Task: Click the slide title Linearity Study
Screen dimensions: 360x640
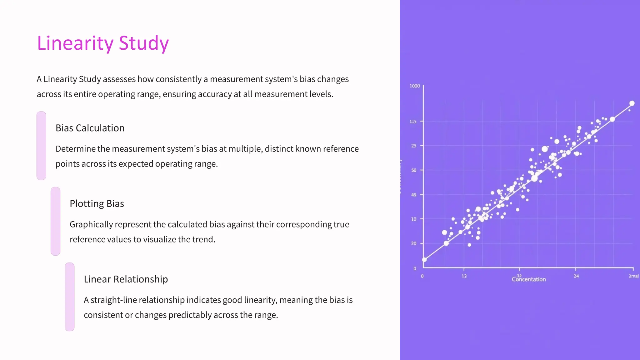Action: point(103,43)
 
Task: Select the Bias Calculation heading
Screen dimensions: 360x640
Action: point(90,128)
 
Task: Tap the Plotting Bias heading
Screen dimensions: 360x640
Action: point(97,204)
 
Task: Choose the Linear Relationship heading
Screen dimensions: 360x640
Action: point(126,279)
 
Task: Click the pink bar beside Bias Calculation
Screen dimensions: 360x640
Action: point(41,146)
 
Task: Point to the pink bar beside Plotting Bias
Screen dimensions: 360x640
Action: point(55,221)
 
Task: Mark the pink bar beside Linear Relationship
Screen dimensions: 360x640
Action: point(69,297)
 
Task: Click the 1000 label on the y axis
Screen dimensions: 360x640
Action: point(415,86)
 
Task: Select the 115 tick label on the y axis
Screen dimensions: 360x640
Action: point(413,122)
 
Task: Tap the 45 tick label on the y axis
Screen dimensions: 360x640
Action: point(414,195)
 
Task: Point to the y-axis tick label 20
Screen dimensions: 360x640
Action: point(414,243)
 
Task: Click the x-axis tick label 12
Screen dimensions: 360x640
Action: point(464,276)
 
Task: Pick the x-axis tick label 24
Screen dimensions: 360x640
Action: point(576,276)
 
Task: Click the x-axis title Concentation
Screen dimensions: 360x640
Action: point(529,279)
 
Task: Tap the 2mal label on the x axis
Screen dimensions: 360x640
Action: point(633,276)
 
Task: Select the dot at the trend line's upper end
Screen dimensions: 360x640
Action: point(632,103)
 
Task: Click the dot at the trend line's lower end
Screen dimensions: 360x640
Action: point(424,260)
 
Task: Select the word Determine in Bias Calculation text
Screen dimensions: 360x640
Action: point(75,149)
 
